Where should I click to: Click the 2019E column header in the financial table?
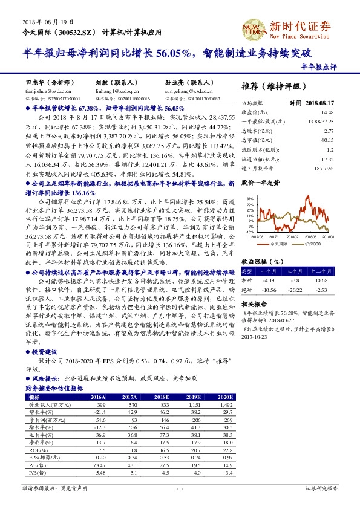pyautogui.click(x=192, y=397)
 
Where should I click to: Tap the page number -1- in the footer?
pyautogui.click(x=180, y=487)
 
